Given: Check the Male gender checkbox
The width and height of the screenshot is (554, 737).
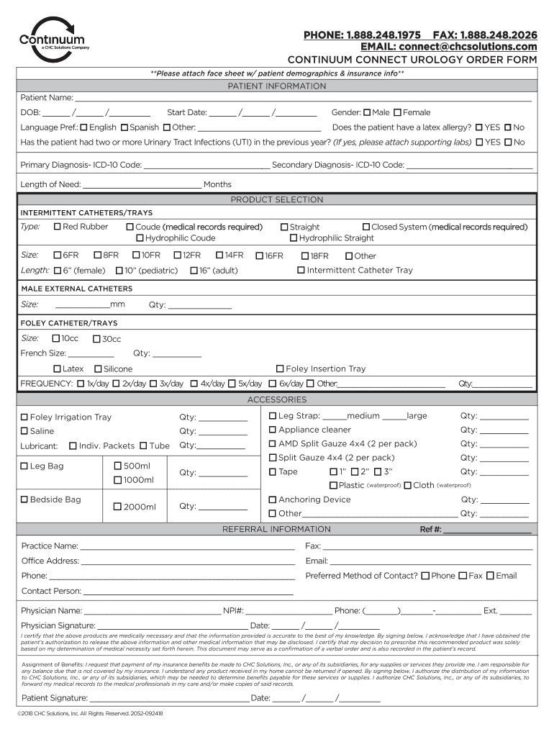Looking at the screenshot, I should [x=368, y=112].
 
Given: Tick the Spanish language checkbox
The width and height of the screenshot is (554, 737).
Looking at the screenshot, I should [x=124, y=127].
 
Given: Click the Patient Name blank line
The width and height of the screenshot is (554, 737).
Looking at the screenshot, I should [x=302, y=99].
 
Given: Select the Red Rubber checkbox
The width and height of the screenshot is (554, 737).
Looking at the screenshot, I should [x=58, y=227].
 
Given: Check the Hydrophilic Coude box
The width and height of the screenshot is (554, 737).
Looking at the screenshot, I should [x=140, y=238].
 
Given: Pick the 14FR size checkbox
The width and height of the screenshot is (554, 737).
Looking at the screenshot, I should [x=219, y=256].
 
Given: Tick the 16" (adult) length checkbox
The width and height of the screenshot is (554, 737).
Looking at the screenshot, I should [x=194, y=271].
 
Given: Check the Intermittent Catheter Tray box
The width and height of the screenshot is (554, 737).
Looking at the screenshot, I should [x=301, y=271].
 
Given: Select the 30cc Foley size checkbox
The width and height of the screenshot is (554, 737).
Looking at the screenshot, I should [x=96, y=339].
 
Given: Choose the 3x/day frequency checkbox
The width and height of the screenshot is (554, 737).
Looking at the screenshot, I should [x=153, y=384].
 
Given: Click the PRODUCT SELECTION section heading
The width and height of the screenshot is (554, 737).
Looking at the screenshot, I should [x=277, y=199].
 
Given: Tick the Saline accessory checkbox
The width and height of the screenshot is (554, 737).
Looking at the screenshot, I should [x=24, y=431].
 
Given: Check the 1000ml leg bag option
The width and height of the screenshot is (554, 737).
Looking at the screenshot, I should [x=118, y=480].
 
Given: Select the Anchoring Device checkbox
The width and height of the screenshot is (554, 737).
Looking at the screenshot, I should [x=273, y=499].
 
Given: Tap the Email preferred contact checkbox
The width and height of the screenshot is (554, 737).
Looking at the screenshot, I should [x=490, y=576].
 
